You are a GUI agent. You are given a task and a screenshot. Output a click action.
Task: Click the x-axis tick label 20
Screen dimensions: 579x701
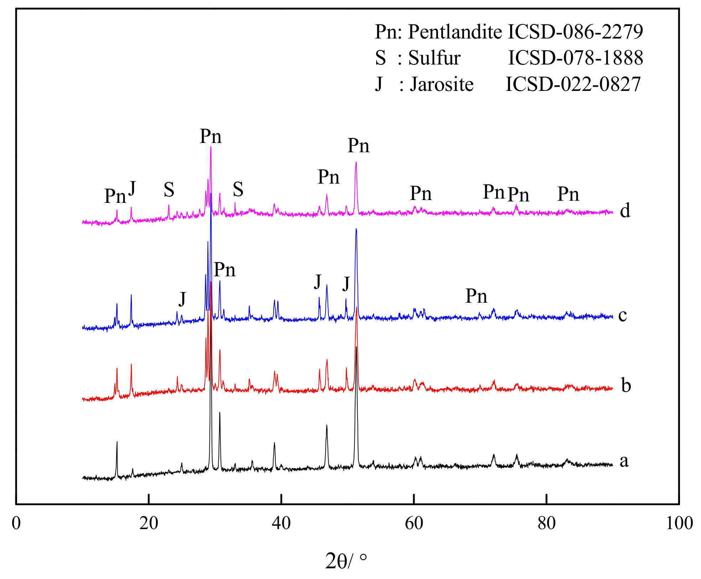pyautogui.click(x=149, y=523)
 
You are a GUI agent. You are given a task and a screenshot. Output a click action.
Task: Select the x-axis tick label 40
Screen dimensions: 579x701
pyautogui.click(x=281, y=523)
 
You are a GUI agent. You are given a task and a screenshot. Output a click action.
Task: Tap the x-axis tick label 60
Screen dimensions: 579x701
pyautogui.click(x=414, y=523)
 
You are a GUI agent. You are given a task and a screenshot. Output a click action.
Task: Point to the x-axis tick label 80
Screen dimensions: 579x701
pyautogui.click(x=546, y=523)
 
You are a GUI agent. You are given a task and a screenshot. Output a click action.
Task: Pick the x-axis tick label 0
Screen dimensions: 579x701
pyautogui.click(x=16, y=523)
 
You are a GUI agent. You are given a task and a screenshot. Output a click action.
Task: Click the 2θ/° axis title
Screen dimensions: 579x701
pyautogui.click(x=346, y=561)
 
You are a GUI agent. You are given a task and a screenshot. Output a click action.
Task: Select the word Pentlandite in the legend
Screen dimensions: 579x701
pyautogui.click(x=455, y=32)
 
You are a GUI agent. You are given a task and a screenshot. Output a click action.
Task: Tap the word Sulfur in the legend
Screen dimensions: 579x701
pyautogui.click(x=434, y=58)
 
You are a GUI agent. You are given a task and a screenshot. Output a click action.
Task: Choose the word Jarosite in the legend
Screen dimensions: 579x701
pyautogui.click(x=442, y=84)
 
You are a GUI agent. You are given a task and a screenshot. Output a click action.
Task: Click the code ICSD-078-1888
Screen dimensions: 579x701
pyautogui.click(x=575, y=58)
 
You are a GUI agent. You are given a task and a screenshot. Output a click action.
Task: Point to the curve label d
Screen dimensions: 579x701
pyautogui.click(x=625, y=210)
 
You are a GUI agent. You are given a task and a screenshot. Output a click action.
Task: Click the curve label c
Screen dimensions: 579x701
pyautogui.click(x=623, y=315)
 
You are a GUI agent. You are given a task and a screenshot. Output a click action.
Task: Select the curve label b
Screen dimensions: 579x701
pyautogui.click(x=626, y=385)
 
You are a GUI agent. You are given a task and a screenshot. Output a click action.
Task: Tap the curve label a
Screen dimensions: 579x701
pyautogui.click(x=624, y=461)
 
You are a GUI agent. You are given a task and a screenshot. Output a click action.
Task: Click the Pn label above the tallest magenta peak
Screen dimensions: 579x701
pyautogui.click(x=211, y=136)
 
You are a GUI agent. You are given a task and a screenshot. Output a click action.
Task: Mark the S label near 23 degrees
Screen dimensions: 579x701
pyautogui.click(x=169, y=190)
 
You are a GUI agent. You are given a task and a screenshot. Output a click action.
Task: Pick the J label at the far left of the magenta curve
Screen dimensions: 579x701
pyautogui.click(x=132, y=188)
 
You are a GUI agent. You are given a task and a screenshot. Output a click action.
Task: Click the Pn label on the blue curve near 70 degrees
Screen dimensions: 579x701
pyautogui.click(x=476, y=296)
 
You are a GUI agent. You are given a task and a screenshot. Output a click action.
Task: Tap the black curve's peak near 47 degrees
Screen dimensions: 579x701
pyautogui.click(x=327, y=426)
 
